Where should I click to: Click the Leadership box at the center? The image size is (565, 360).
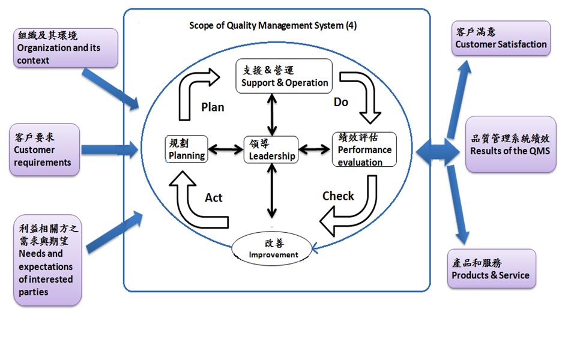click(x=272, y=149)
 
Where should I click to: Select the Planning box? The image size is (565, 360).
click(x=187, y=149)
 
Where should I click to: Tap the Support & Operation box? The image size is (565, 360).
click(x=285, y=76)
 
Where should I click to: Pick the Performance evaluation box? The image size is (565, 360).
click(x=364, y=149)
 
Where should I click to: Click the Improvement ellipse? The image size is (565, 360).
click(x=273, y=249)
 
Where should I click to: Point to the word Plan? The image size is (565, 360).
click(x=213, y=107)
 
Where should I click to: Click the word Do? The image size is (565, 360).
click(x=341, y=103)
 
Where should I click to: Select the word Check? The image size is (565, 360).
click(x=338, y=196)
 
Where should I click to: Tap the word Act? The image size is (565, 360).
click(x=214, y=198)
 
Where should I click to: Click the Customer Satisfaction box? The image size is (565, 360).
click(x=501, y=38)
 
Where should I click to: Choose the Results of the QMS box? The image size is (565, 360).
click(x=510, y=144)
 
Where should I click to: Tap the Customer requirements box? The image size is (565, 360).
click(x=44, y=150)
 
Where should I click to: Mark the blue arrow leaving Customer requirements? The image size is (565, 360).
click(x=108, y=148)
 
